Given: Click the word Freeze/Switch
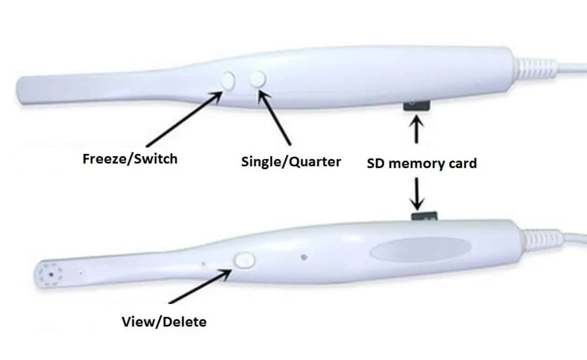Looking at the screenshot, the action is coord(130,159).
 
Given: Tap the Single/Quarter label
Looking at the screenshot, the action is coord(291,162).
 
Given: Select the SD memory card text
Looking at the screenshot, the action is coord(422,164).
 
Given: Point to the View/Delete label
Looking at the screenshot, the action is coord(164,322).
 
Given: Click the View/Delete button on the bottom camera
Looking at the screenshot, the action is coord(244,260).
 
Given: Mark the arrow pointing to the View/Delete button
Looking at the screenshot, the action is coord(199,288).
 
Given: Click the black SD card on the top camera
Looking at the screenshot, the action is coord(416,106).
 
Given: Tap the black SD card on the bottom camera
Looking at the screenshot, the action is coord(424,216).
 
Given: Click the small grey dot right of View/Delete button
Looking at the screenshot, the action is coord(304,257).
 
